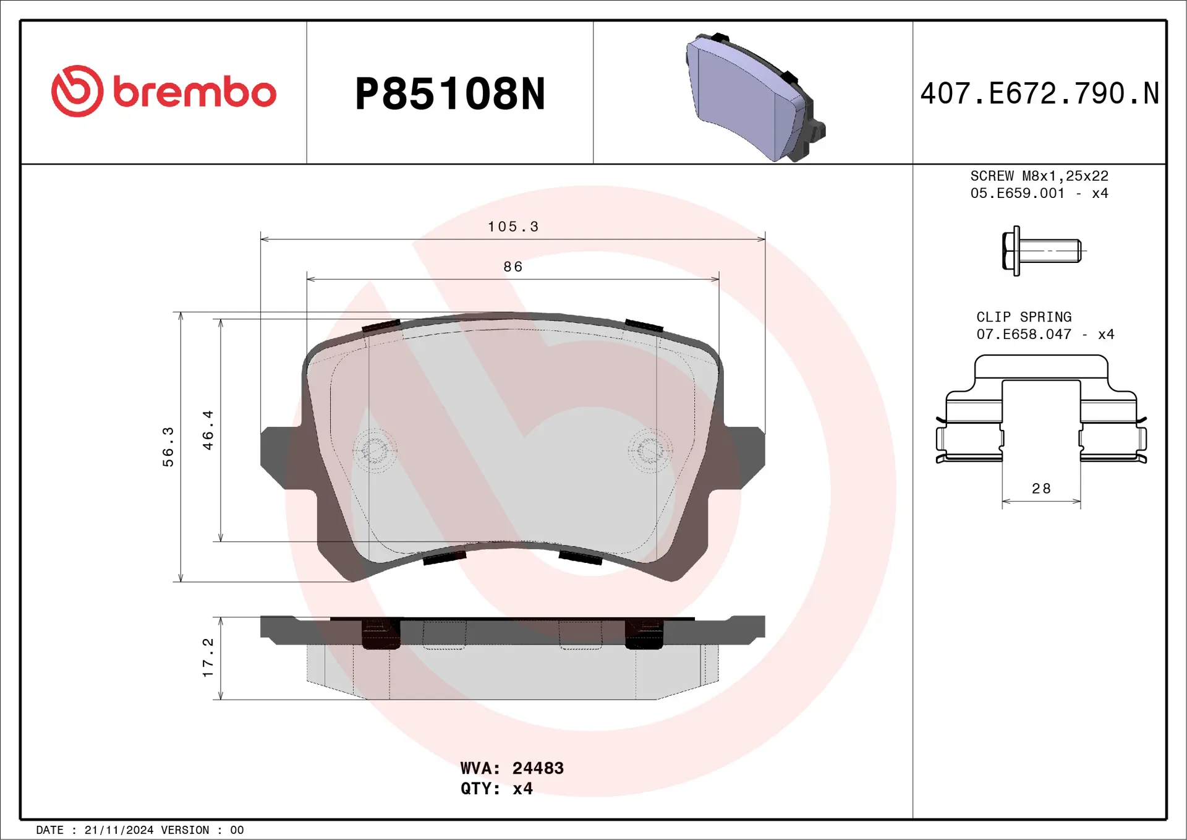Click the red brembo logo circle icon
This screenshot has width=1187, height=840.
[77, 91]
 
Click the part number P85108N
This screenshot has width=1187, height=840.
[449, 94]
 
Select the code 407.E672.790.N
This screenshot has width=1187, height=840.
[1039, 93]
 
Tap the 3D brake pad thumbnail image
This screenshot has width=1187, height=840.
[754, 98]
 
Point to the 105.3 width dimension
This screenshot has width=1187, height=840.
[513, 227]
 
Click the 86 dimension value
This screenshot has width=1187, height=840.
[513, 267]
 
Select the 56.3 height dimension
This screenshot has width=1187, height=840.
[168, 446]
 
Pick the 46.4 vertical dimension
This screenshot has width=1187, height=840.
[208, 430]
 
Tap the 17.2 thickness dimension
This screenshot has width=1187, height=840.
[208, 658]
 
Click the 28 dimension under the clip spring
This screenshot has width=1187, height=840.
[1041, 489]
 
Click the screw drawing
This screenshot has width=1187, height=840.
[1041, 251]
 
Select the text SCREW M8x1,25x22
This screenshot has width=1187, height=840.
[1039, 176]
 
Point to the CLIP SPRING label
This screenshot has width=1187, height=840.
[1024, 317]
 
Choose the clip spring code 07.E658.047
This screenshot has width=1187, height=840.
[1024, 335]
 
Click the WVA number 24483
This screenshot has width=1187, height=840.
[538, 768]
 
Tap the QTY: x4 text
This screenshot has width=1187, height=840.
[496, 789]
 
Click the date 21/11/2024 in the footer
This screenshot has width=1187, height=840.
[119, 830]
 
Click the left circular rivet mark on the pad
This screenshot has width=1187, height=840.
[374, 450]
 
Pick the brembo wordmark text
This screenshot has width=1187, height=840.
[194, 93]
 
